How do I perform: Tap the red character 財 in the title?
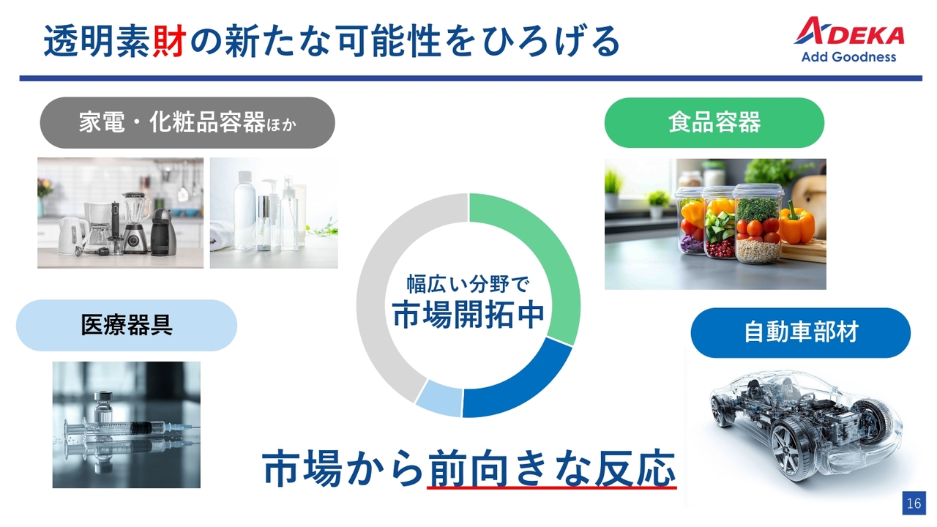click(169, 41)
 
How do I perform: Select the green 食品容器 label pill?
click(714, 122)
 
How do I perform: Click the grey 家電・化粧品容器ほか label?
click(187, 122)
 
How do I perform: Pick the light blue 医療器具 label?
click(127, 325)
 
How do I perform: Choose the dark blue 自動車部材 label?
click(800, 332)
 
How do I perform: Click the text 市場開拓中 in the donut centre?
click(468, 315)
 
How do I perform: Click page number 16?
click(914, 503)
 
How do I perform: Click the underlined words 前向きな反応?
click(552, 468)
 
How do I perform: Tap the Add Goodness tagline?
click(848, 57)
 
